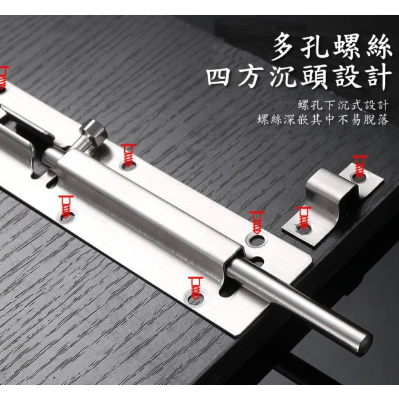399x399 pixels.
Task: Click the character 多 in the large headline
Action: (x=284, y=48)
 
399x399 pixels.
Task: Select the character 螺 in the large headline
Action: (x=347, y=48)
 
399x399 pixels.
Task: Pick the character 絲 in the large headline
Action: (x=378, y=48)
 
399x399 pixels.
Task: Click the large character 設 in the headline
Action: (x=347, y=77)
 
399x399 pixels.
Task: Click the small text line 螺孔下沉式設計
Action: (x=343, y=105)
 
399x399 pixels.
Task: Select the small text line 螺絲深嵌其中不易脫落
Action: (x=323, y=120)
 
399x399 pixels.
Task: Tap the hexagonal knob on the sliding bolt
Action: (x=93, y=133)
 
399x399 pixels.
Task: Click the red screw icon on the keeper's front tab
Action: (x=304, y=218)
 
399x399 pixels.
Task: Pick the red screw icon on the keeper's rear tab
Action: (x=359, y=167)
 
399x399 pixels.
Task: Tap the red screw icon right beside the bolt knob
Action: (x=128, y=155)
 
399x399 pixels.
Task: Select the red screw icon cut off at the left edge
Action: (x=3, y=77)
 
